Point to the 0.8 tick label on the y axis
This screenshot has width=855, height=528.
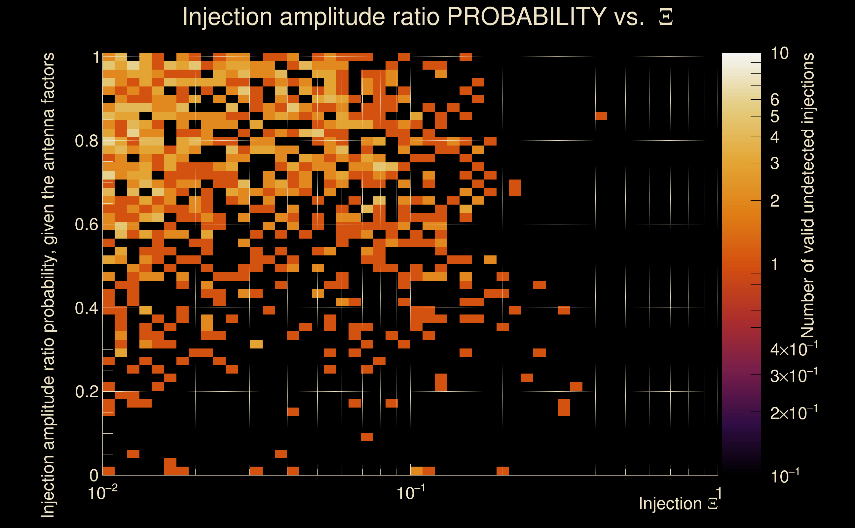pyautogui.click(x=86, y=141)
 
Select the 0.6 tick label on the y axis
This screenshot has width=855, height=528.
pyautogui.click(x=86, y=224)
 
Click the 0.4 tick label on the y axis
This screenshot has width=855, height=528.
pyautogui.click(x=86, y=308)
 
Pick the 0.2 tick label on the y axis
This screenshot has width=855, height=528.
pyautogui.click(x=86, y=392)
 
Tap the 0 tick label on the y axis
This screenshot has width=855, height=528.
pyautogui.click(x=94, y=476)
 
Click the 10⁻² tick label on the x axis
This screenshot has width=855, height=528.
pyautogui.click(x=102, y=493)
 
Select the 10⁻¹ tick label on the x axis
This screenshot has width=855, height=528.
pyautogui.click(x=411, y=493)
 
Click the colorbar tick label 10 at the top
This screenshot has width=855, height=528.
pyautogui.click(x=779, y=53)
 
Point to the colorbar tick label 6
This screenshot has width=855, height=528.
pyautogui.click(x=775, y=100)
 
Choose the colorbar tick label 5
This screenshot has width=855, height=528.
pyautogui.click(x=775, y=116)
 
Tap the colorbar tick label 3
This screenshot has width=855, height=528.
pyautogui.click(x=775, y=163)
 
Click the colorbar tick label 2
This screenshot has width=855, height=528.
pyautogui.click(x=775, y=201)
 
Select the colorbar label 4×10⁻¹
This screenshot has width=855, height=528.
pyautogui.click(x=794, y=349)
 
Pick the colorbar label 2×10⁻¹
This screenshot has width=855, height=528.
pyautogui.click(x=794, y=413)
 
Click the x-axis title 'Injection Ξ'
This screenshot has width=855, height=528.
pyautogui.click(x=678, y=504)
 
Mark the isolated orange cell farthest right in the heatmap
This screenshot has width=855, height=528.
pyautogui.click(x=601, y=116)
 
